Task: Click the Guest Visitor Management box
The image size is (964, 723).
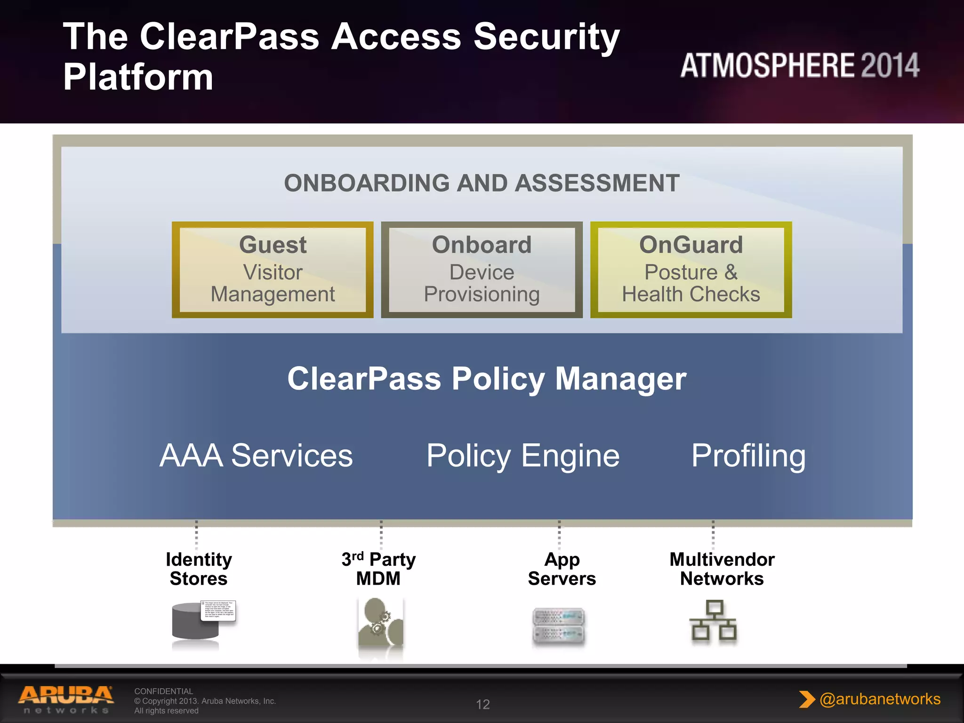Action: [x=273, y=270]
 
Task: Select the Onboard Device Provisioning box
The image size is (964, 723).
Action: [x=482, y=270]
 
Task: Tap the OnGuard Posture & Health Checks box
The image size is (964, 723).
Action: [x=691, y=270]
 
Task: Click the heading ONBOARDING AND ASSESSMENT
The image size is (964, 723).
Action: [x=482, y=183]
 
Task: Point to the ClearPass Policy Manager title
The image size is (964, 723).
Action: [x=487, y=379]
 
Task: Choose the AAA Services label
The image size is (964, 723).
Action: [x=256, y=456]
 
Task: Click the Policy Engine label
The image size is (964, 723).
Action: [x=523, y=456]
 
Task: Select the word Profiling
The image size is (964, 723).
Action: [x=748, y=456]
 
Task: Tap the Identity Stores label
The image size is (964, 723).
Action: [x=199, y=569]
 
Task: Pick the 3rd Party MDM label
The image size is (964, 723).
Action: [x=378, y=569]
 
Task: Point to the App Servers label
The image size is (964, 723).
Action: [x=562, y=569]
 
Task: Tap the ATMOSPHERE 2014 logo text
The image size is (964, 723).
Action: [x=799, y=65]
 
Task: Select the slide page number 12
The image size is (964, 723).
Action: [x=482, y=704]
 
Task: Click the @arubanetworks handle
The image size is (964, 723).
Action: [x=879, y=699]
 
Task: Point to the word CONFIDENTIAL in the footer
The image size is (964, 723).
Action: [x=163, y=691]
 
